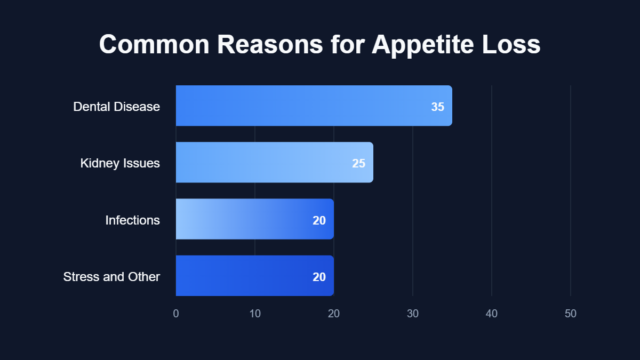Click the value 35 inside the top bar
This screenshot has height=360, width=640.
click(437, 107)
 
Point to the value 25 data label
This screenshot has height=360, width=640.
click(358, 163)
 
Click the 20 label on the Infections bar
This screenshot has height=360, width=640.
click(319, 220)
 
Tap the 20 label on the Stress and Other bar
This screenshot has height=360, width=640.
click(319, 277)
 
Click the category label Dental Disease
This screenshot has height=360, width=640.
click(116, 107)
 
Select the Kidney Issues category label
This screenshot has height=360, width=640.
click(120, 163)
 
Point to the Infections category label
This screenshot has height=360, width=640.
click(132, 220)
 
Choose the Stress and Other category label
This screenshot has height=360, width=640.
click(111, 277)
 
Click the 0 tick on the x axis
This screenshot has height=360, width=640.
click(176, 314)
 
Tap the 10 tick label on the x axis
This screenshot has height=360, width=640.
click(255, 314)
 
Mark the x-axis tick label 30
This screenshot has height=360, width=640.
click(413, 314)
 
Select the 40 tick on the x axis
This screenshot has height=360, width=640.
click(492, 314)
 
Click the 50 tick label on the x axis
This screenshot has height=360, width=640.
click(571, 314)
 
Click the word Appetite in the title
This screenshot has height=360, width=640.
click(425, 45)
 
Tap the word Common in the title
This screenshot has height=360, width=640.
click(154, 45)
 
